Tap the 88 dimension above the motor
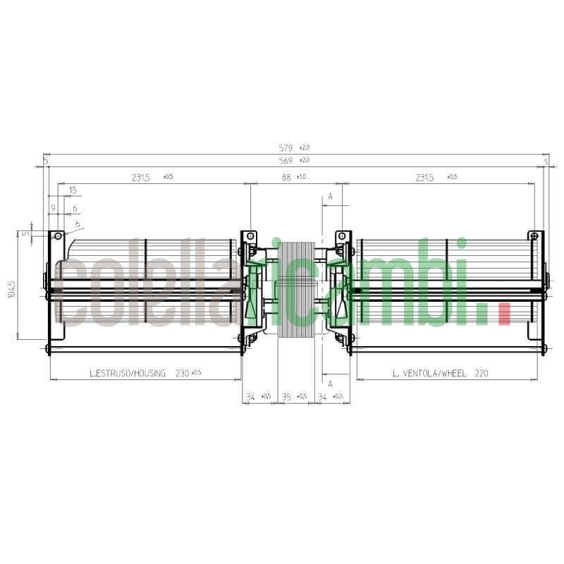point(286,178)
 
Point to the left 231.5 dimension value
point(140,178)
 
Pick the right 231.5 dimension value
point(424,178)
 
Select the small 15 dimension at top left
point(73,190)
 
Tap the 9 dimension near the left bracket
point(52,209)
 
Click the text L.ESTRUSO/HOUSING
point(128,374)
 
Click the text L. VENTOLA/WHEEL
point(429,374)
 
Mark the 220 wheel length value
point(482,374)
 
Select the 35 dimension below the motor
point(286,397)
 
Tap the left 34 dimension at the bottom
point(250,397)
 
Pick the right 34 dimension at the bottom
point(323,397)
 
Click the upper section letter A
point(329,197)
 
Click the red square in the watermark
point(504,314)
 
